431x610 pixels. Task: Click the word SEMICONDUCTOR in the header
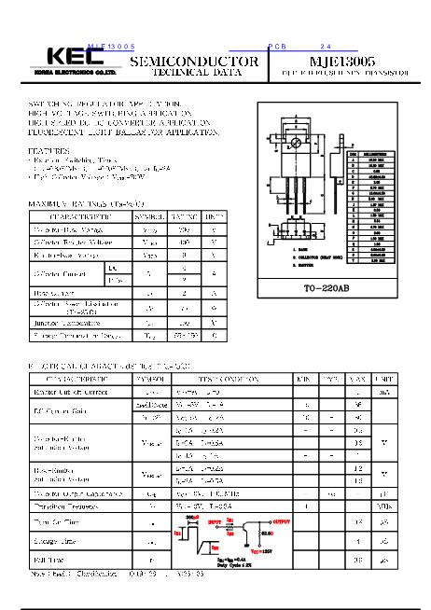tap(194, 61)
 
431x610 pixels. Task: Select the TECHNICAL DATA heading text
tap(194, 72)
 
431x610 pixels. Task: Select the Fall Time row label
tap(52, 560)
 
